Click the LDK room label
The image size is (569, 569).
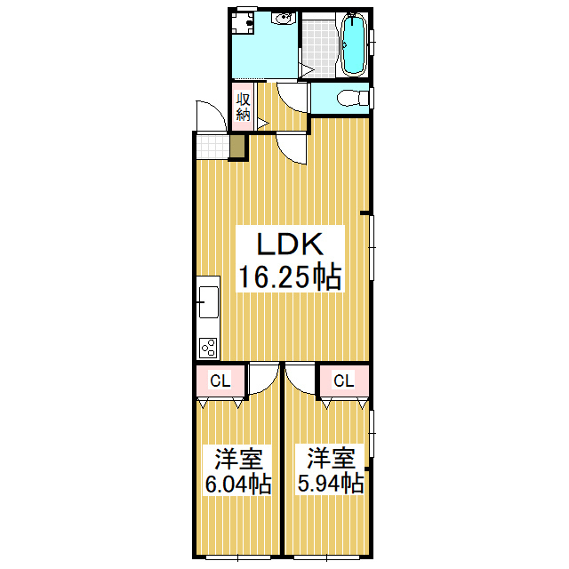(x=290, y=244)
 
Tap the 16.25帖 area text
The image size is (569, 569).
(x=290, y=276)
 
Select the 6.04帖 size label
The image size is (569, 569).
(x=238, y=484)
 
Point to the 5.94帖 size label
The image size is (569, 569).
(x=331, y=483)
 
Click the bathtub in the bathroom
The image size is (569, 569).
(x=354, y=44)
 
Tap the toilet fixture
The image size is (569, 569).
(x=352, y=99)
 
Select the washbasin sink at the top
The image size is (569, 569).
(x=283, y=18)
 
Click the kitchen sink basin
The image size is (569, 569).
(x=209, y=302)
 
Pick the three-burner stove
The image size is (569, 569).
(x=208, y=348)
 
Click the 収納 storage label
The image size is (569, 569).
(x=243, y=107)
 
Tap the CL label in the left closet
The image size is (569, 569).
(x=220, y=381)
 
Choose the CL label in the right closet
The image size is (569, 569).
(x=343, y=381)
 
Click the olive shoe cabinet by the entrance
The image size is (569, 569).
(x=237, y=147)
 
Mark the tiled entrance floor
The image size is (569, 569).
(x=213, y=147)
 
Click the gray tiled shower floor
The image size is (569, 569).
(x=320, y=48)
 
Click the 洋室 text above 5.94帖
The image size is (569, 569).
(x=331, y=459)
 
